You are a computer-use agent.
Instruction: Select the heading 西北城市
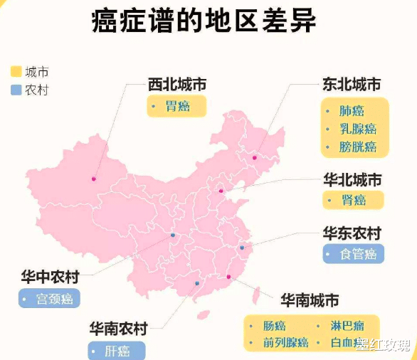point(177,84)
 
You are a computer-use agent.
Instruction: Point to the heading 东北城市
point(352,84)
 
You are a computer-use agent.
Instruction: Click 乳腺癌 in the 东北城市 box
point(358,129)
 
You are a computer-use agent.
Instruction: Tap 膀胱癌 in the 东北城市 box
point(358,147)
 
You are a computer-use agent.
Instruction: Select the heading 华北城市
point(352,179)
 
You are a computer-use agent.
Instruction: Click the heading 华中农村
point(50,277)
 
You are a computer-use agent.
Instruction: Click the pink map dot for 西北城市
point(93,179)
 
